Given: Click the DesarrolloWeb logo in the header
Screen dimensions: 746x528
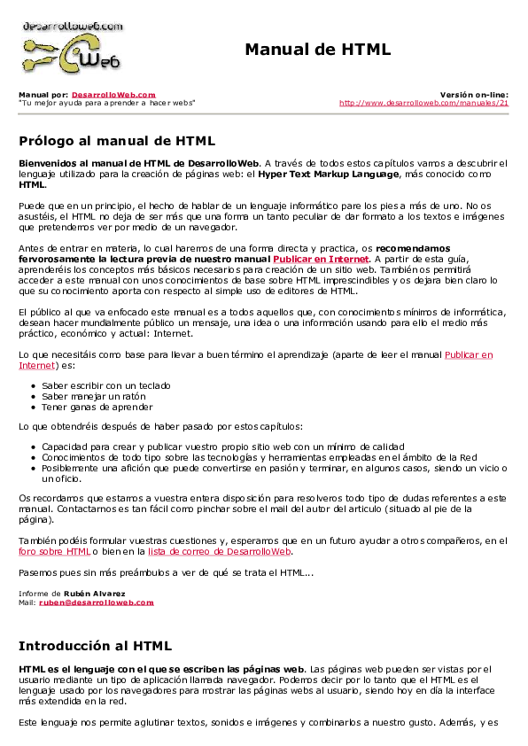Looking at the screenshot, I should (72, 47).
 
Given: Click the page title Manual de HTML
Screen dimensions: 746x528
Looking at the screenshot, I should (317, 50).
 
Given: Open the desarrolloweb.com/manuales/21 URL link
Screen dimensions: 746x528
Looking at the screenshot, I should (423, 103).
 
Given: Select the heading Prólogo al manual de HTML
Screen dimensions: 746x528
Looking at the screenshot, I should (117, 140).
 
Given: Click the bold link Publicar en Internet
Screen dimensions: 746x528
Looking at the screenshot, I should (320, 259).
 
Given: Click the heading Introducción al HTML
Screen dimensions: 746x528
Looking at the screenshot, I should (95, 645).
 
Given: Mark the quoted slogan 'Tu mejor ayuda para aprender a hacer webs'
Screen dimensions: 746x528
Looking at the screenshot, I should (106, 103).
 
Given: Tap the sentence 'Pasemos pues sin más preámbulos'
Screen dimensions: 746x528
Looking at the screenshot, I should (165, 573).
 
